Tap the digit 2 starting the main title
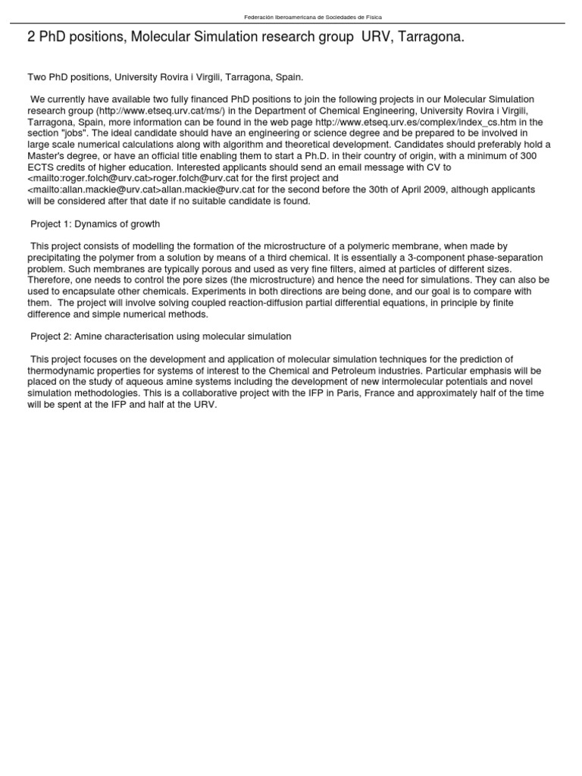coord(31,37)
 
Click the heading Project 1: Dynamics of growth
coord(95,224)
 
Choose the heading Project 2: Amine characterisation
coord(161,336)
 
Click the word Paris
coord(338,393)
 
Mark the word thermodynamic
coord(63,371)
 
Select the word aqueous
coord(142,382)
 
